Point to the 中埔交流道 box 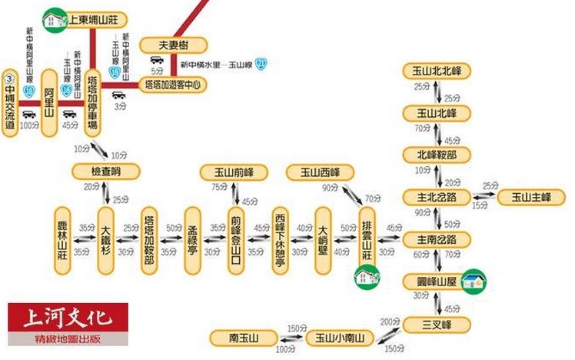click(10, 104)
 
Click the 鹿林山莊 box click(64, 240)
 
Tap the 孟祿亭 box click(192, 240)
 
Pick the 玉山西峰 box click(319, 172)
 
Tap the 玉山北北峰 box click(436, 72)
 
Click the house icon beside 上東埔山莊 click(55, 16)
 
